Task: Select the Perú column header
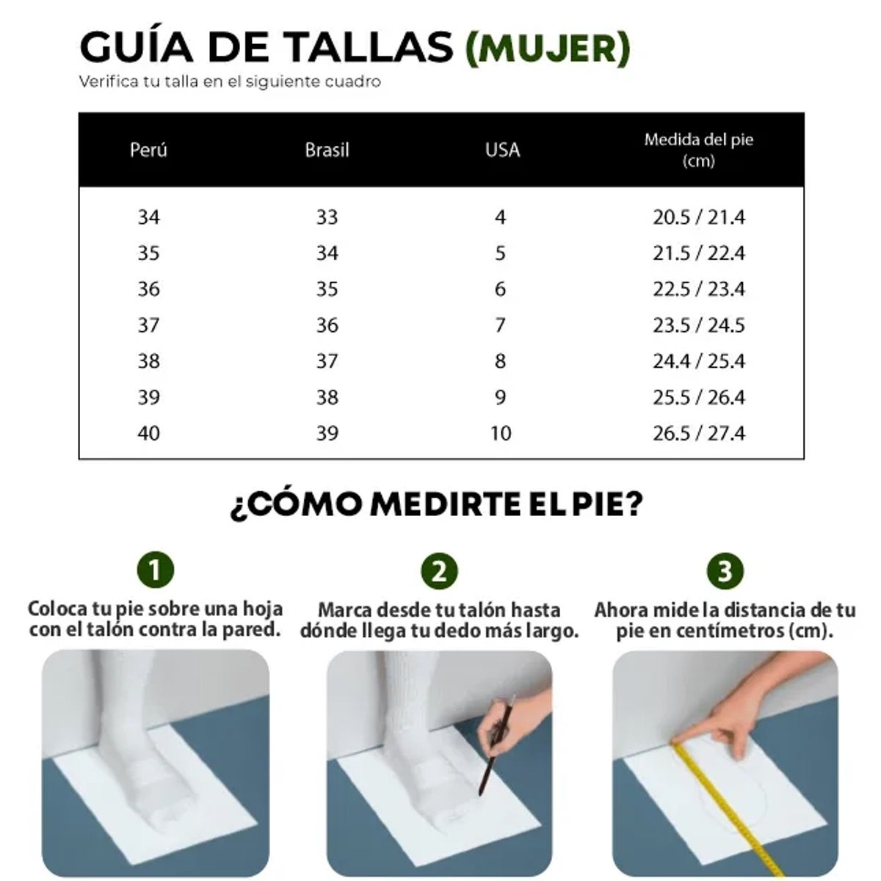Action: (148, 150)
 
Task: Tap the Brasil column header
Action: (327, 150)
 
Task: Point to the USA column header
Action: (502, 150)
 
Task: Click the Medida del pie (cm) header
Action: (698, 150)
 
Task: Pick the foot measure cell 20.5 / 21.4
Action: (698, 217)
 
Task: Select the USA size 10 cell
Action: (500, 433)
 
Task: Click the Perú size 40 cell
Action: (148, 433)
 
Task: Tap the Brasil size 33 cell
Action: (327, 217)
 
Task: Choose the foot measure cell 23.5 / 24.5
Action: (698, 325)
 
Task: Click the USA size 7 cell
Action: (500, 325)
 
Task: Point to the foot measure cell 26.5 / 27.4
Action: (698, 433)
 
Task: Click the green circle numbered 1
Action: (156, 570)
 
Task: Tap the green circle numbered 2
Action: (439, 570)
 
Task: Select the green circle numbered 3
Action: (725, 570)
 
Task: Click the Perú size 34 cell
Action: (148, 217)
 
